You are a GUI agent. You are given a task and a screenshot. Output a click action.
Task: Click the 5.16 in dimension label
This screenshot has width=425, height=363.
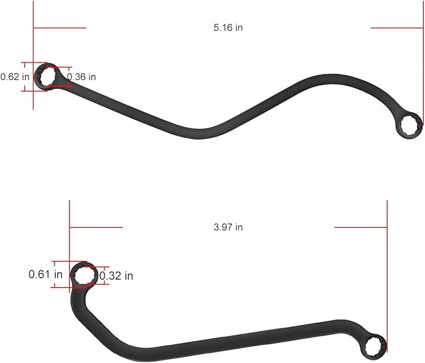click(228, 28)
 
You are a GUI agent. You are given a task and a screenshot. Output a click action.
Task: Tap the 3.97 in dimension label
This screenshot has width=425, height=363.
click(228, 227)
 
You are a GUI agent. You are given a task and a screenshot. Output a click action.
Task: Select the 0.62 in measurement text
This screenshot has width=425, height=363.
click(14, 77)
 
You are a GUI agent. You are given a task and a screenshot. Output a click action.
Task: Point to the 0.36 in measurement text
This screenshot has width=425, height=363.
click(81, 77)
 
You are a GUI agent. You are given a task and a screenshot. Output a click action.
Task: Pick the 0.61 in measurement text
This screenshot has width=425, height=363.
click(46, 274)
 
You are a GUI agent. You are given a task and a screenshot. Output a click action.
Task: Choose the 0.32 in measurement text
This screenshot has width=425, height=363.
click(116, 276)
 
